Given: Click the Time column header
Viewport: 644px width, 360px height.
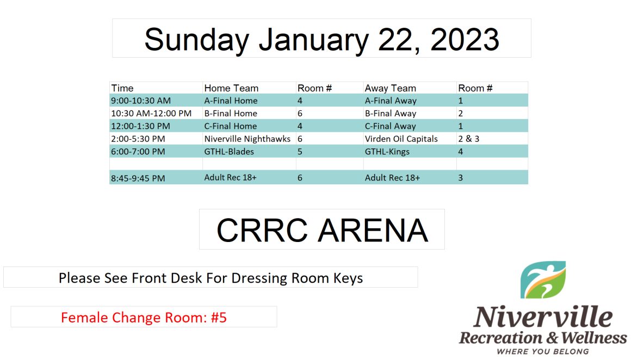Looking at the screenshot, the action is pyautogui.click(x=122, y=88).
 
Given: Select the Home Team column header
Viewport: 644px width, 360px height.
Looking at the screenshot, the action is pyautogui.click(x=231, y=88).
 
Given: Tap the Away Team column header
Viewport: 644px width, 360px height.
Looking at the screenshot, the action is pyautogui.click(x=390, y=88).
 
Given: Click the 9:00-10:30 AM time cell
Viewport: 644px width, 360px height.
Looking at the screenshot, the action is pyautogui.click(x=140, y=101).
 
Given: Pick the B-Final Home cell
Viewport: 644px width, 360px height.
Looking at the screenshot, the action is pyautogui.click(x=231, y=113).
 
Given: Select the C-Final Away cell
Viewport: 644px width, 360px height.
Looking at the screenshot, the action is pyautogui.click(x=390, y=126).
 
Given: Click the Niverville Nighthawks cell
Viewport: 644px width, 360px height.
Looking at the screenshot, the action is pyautogui.click(x=247, y=139).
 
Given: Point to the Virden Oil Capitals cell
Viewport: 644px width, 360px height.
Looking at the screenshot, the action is pyautogui.click(x=401, y=139).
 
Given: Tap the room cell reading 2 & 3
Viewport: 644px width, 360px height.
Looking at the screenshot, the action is pyautogui.click(x=469, y=139).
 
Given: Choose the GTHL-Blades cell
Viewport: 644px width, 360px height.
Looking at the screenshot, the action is pyautogui.click(x=229, y=152).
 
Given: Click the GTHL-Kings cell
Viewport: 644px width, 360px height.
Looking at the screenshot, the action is pyautogui.click(x=387, y=152).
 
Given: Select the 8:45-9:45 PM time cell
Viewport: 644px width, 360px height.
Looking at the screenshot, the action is pyautogui.click(x=138, y=178).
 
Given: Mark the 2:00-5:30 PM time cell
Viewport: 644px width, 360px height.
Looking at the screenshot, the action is pyautogui.click(x=138, y=139).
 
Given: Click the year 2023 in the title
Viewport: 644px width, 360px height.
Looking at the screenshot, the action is pyautogui.click(x=465, y=40).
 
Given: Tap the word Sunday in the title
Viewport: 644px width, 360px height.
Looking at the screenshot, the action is pyautogui.click(x=197, y=40).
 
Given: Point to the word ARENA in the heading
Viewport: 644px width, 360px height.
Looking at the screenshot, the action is pyautogui.click(x=373, y=230).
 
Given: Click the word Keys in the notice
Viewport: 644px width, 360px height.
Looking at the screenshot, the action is pyautogui.click(x=348, y=278).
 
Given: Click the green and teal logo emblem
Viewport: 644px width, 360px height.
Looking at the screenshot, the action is pyautogui.click(x=543, y=280).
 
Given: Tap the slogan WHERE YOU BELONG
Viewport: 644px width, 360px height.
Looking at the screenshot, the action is pyautogui.click(x=542, y=351).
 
